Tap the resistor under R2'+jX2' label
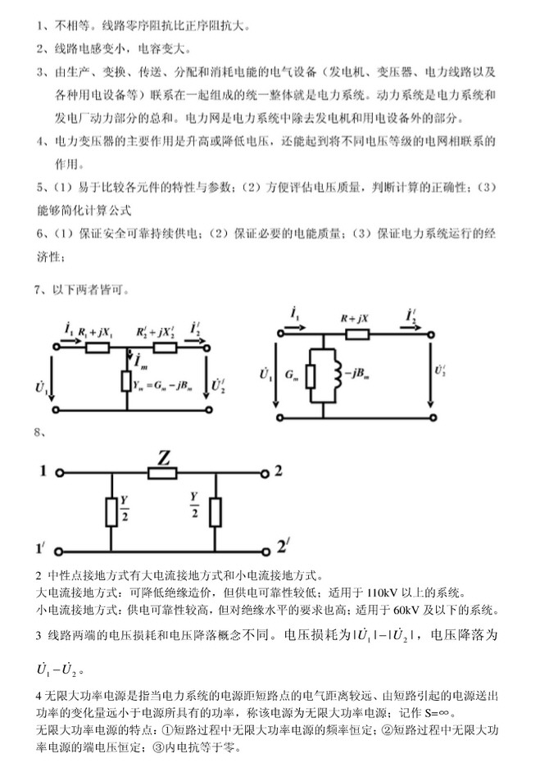pyautogui.click(x=166, y=347)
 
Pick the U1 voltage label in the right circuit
pyautogui.click(x=265, y=374)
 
